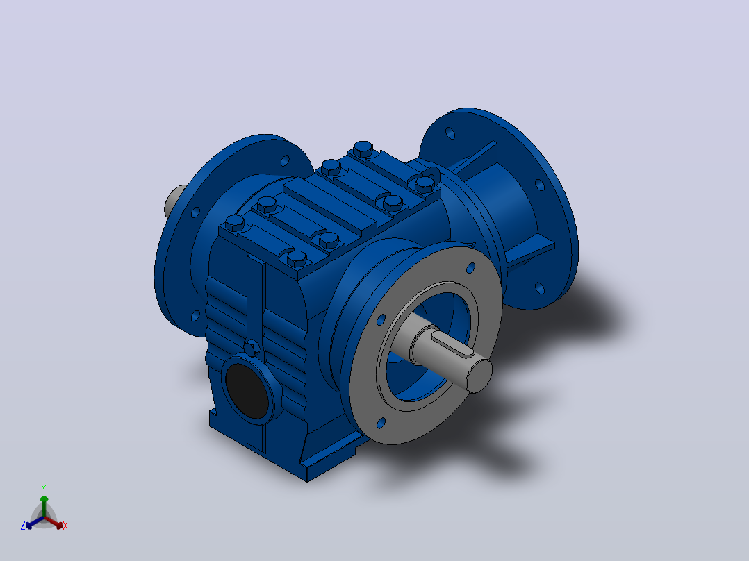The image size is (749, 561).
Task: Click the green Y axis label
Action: click(44, 488)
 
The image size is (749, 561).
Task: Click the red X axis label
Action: click(65, 526)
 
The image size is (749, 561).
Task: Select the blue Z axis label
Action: click(22, 526)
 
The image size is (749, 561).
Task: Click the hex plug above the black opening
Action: click(252, 348)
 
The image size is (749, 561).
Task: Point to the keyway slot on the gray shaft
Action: click(452, 344)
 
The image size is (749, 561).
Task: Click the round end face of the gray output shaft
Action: click(479, 376)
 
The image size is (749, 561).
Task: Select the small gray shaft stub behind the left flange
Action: click(174, 201)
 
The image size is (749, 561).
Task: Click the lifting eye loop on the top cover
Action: click(427, 175)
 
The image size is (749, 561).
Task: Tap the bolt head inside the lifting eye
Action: click(424, 184)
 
